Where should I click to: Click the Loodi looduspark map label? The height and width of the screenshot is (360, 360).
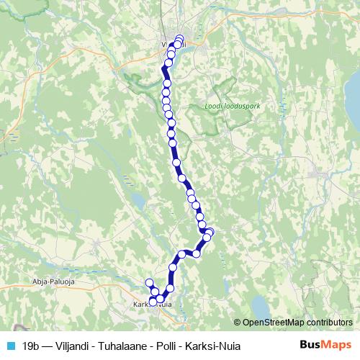(x=228, y=106)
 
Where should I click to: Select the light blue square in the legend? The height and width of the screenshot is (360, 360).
(x=11, y=344)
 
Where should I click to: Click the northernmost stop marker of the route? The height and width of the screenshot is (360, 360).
(x=179, y=39)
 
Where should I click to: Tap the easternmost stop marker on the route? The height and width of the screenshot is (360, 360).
(x=210, y=232)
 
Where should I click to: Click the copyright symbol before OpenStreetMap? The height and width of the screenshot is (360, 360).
(x=238, y=322)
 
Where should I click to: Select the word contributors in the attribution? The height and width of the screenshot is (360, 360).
(x=328, y=322)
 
